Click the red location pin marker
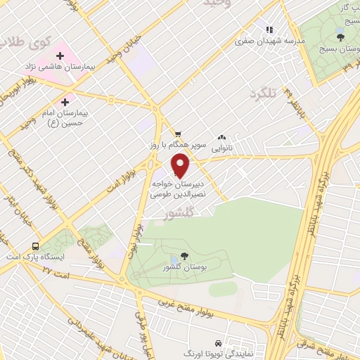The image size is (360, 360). (181, 166)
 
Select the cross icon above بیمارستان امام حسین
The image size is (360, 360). (65, 102)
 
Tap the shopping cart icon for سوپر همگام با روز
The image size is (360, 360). (179, 134)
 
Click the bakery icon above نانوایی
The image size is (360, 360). (222, 137)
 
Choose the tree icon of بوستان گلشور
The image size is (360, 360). (184, 256)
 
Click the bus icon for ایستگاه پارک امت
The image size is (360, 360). (35, 246)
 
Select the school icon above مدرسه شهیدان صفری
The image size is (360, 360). (269, 30)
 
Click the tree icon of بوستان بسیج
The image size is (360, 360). (340, 36)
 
